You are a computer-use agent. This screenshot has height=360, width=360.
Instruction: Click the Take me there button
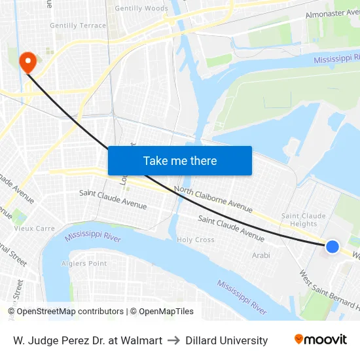tap(180, 161)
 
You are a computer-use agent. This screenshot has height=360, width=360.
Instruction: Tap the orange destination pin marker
tap(28, 62)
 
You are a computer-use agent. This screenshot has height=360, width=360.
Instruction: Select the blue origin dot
tap(333, 247)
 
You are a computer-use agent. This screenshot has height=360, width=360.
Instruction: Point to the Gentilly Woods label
tap(141, 9)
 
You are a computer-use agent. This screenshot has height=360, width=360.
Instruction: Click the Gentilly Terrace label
tap(78, 26)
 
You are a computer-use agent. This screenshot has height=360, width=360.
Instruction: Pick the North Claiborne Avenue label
tap(213, 200)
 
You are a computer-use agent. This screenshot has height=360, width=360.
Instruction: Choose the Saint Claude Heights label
tap(303, 220)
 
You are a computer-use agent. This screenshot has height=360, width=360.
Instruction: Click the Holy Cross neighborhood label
tap(196, 240)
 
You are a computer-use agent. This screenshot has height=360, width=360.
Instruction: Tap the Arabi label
tap(261, 255)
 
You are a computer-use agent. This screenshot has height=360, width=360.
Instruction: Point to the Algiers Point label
tap(84, 264)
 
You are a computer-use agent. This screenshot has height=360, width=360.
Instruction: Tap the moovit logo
tap(320, 340)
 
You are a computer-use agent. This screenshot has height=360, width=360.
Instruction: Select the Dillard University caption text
tap(226, 340)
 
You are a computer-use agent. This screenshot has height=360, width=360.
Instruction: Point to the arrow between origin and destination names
tap(174, 340)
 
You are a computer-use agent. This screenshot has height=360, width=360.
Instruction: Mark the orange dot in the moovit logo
tap(299, 339)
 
